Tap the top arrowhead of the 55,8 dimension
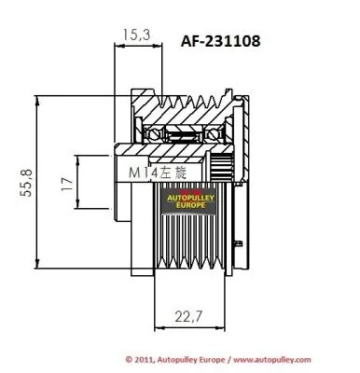[37, 96]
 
